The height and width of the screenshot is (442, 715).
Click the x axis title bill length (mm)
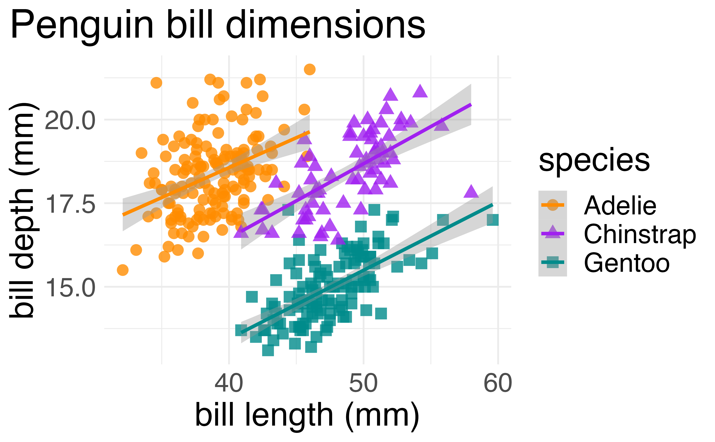point(307,415)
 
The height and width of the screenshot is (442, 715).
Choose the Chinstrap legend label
point(640,234)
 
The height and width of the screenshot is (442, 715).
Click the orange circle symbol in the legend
point(552,205)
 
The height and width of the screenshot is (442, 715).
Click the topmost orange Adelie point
point(310,69)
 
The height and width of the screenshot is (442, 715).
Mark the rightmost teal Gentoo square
point(493,220)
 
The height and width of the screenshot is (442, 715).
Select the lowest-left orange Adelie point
point(123,270)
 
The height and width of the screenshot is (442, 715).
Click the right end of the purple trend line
point(471,104)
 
